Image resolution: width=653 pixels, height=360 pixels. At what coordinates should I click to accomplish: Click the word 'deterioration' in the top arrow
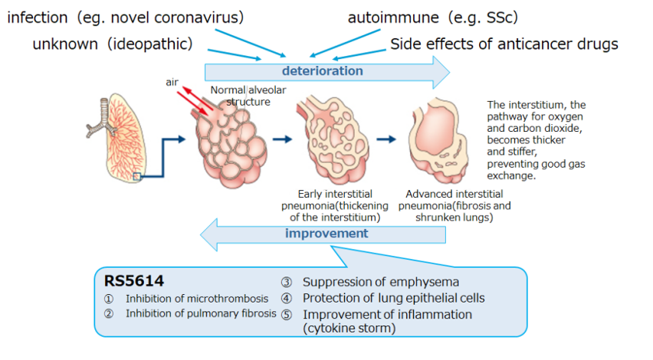322,71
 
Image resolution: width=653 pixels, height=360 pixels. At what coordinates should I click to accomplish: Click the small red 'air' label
172,82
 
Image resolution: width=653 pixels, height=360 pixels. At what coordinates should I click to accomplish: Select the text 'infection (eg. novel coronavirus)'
126,18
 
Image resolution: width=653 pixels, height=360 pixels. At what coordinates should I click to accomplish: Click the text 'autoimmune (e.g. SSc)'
425,18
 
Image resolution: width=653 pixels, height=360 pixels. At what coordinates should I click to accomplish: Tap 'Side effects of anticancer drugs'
504,44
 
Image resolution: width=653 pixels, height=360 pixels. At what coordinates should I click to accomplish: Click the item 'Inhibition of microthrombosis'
197,299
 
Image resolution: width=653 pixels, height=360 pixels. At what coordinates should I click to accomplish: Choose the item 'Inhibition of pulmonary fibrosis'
201,313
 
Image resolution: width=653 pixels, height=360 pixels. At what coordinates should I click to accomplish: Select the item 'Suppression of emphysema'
380,282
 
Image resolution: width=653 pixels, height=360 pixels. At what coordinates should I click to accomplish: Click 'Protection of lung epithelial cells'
393,298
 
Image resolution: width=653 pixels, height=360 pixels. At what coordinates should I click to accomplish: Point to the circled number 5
287,315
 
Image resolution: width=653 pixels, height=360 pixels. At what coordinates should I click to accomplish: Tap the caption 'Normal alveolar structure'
240,95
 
